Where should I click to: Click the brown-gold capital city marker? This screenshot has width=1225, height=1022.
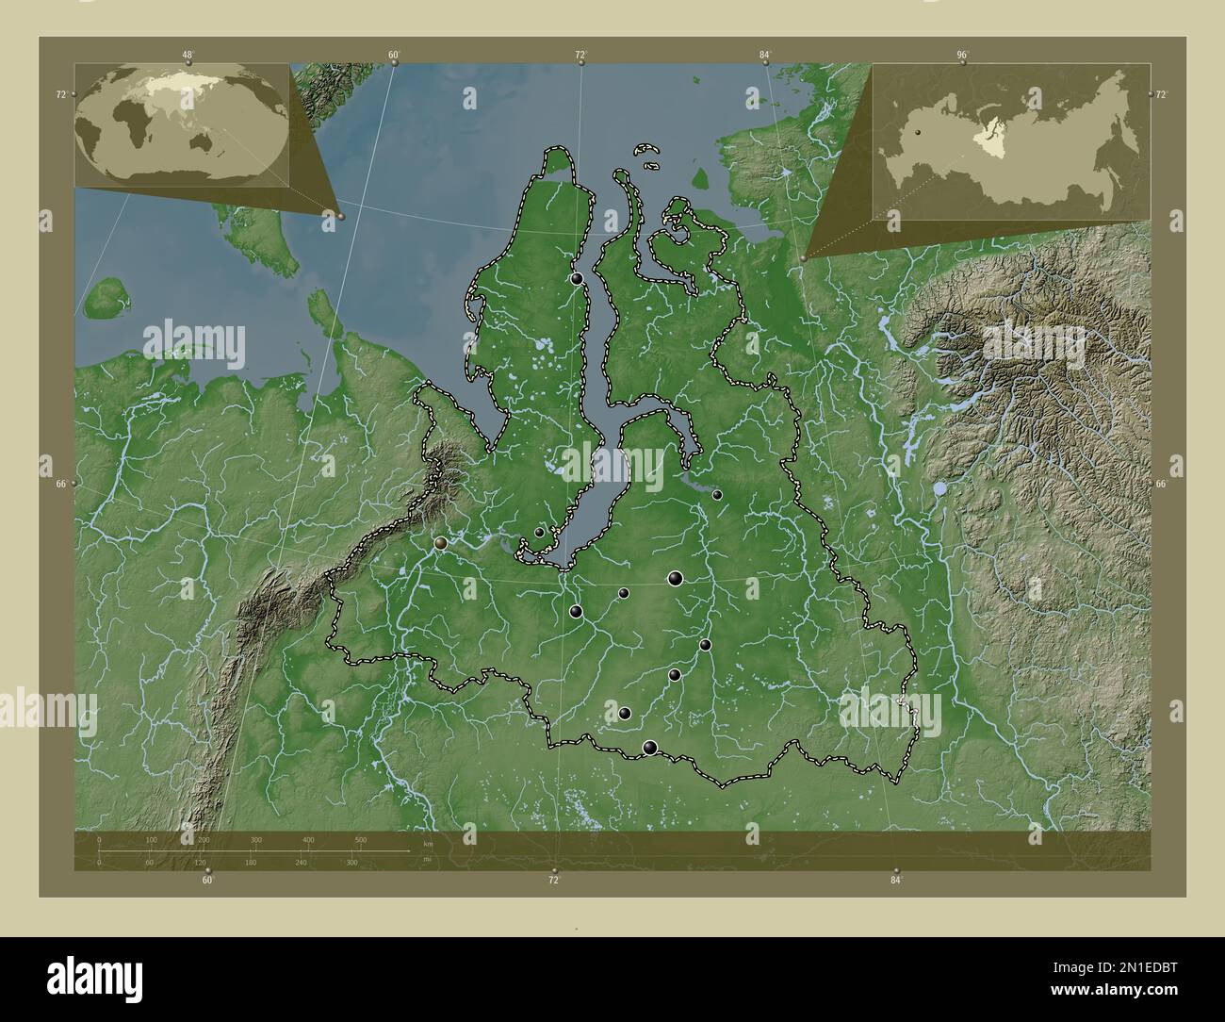click(441, 543)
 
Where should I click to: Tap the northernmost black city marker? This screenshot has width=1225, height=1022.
click(577, 279)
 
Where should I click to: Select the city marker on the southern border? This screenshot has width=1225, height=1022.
click(649, 748)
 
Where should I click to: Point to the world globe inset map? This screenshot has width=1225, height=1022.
click(182, 124)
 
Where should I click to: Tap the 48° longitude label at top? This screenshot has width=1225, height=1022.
click(188, 56)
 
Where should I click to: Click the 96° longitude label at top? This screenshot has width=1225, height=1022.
click(962, 56)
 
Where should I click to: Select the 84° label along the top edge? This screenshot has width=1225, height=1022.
click(765, 56)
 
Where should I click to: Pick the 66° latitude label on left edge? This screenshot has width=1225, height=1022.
click(61, 484)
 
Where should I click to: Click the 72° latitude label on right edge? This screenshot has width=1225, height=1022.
click(1161, 95)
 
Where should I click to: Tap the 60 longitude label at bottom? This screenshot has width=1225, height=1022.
click(207, 880)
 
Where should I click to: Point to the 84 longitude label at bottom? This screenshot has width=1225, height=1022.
click(895, 880)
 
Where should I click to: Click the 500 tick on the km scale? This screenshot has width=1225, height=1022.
click(360, 839)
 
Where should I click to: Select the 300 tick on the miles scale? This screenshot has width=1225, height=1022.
click(351, 862)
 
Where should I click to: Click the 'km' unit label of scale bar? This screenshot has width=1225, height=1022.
click(428, 844)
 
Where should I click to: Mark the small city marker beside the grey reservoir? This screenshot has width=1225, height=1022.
click(717, 495)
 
